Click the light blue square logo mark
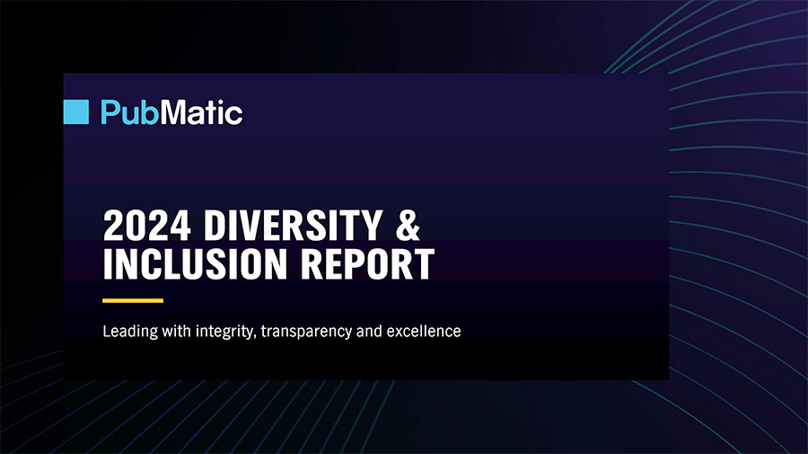[76, 112]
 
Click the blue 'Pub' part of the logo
[130, 112]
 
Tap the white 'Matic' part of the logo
[201, 112]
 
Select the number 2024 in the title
[147, 225]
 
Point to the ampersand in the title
[408, 225]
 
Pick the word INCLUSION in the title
[195, 263]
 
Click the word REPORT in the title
[367, 263]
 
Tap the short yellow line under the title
[133, 300]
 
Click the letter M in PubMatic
[172, 112]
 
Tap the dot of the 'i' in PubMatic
[221, 102]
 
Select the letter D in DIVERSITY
[215, 225]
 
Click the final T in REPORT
[424, 264]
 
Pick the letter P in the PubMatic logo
[110, 112]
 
